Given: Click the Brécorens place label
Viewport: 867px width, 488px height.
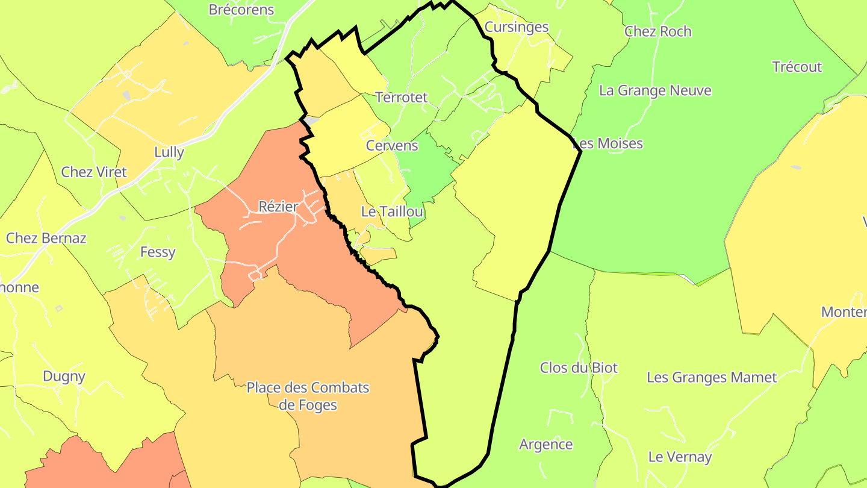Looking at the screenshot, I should tap(241, 10).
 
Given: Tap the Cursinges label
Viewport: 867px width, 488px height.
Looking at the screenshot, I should tap(517, 27).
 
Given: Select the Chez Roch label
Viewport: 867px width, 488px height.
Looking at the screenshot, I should tap(657, 31).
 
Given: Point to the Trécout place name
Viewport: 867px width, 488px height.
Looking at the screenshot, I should tap(797, 67).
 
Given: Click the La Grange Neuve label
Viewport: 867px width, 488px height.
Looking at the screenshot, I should tap(655, 91).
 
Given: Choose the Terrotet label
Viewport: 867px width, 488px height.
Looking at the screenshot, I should tap(401, 98).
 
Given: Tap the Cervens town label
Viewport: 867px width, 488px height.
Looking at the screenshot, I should tap(392, 146).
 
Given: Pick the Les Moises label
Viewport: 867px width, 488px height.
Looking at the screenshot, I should tap(608, 143).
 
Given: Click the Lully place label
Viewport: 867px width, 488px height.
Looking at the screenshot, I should tap(169, 152).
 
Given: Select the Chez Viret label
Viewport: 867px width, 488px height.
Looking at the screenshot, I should tap(94, 172).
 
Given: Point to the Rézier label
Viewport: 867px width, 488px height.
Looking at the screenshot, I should tap(278, 207).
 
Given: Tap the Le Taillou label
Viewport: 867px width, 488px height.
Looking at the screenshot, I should tap(392, 211).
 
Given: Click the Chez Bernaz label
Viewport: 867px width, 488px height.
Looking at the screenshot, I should tap(46, 238).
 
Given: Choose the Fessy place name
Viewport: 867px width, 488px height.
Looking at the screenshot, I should tap(158, 252).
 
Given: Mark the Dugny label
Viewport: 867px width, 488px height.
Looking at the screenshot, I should tap(64, 377).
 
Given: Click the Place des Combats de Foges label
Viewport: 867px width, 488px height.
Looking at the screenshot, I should tap(308, 396).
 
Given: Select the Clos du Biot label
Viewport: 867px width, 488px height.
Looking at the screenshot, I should tap(579, 368).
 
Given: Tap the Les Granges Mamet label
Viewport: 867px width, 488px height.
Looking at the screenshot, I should tap(712, 378).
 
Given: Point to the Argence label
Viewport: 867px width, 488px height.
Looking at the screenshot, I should tap(545, 445).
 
